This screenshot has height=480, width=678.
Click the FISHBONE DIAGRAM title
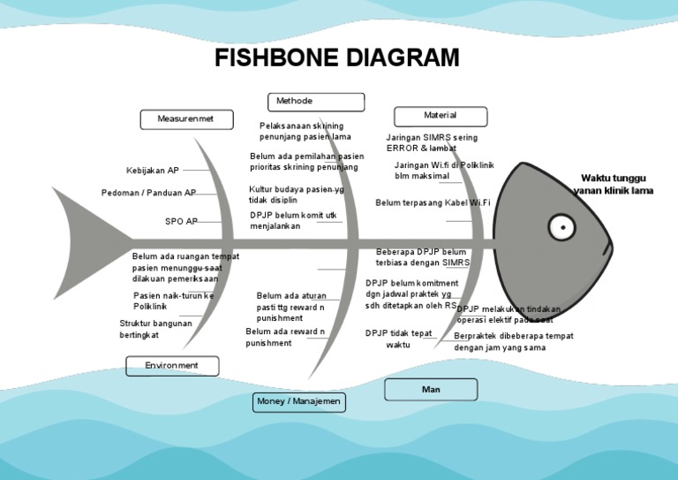tap(338, 58)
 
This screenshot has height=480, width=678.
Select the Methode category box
tap(316, 102)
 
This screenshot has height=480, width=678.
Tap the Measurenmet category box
tap(186, 119)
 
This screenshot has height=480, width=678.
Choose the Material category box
tap(441, 116)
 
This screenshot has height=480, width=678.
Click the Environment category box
tap(172, 365)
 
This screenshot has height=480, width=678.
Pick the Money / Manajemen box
tap(298, 402)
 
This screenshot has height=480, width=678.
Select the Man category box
tap(431, 389)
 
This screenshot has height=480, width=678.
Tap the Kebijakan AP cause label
tap(153, 171)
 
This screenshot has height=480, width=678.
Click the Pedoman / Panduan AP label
tap(148, 193)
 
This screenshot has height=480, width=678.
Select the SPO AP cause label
tap(181, 221)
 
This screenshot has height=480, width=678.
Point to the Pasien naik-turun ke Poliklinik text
tap(173, 301)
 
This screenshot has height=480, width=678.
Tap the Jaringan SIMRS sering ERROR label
tap(432, 143)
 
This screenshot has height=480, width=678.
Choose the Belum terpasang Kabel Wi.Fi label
tap(433, 203)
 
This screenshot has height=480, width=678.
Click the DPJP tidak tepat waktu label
tap(399, 339)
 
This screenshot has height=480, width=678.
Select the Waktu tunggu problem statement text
tap(613, 184)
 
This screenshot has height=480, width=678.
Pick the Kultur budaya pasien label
tap(297, 194)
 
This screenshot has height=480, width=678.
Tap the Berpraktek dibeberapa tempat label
tap(513, 341)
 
